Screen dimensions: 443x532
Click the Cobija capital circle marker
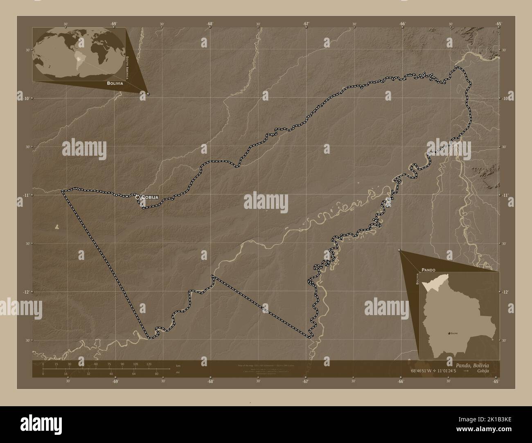tap(138, 197)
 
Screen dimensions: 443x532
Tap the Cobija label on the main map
tap(150, 197)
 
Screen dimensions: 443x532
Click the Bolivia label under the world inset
tap(115, 83)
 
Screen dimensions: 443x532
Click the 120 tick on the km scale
tap(149, 364)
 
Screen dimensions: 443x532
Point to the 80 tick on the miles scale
tap(156, 374)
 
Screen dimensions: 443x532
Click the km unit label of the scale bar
tap(178, 365)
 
